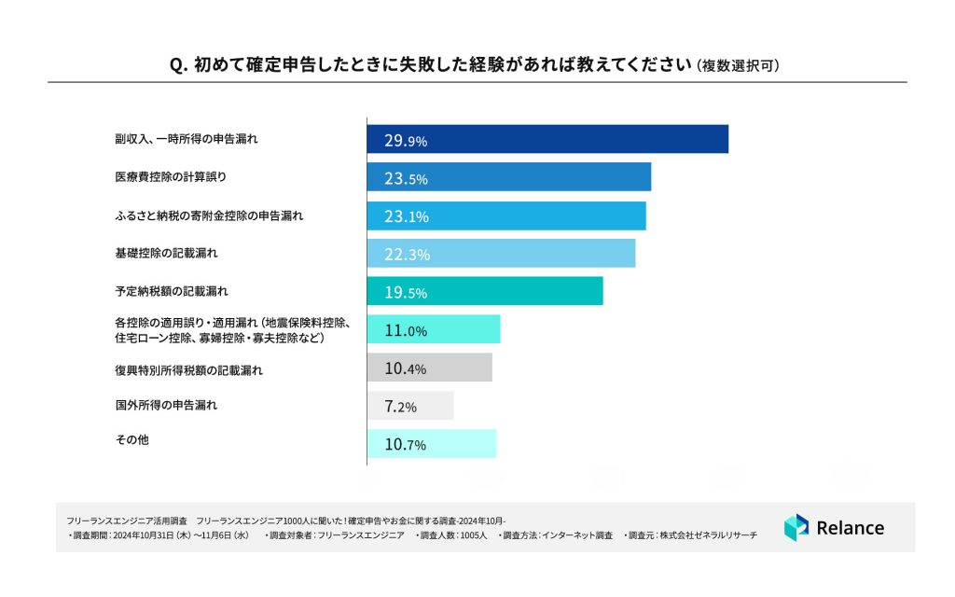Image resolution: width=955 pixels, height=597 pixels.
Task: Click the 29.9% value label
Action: click(x=405, y=141)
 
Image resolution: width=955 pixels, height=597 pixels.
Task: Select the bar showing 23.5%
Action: click(x=508, y=177)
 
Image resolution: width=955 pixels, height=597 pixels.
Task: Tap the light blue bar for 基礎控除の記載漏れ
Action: click(x=501, y=254)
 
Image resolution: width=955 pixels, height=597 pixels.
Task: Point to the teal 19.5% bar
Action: click(x=484, y=291)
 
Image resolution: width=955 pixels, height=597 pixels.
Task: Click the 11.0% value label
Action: click(x=405, y=330)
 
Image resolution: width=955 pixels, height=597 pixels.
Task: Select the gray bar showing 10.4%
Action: click(x=429, y=368)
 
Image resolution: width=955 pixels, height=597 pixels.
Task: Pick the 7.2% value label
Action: click(x=400, y=407)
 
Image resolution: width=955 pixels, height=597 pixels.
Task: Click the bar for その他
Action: click(x=431, y=444)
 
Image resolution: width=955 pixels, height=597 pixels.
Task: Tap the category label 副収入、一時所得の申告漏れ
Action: click(x=179, y=138)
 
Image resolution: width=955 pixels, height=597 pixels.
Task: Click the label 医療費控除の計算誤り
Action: click(x=164, y=176)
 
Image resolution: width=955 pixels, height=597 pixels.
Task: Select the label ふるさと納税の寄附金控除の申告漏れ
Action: click(x=203, y=215)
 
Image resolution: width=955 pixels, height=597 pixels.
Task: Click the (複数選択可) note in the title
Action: click(x=738, y=66)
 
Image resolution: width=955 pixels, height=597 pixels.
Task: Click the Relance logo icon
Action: click(x=796, y=527)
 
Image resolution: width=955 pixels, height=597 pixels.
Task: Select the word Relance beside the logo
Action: click(x=850, y=528)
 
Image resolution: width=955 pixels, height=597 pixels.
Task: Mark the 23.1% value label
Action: click(x=405, y=216)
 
